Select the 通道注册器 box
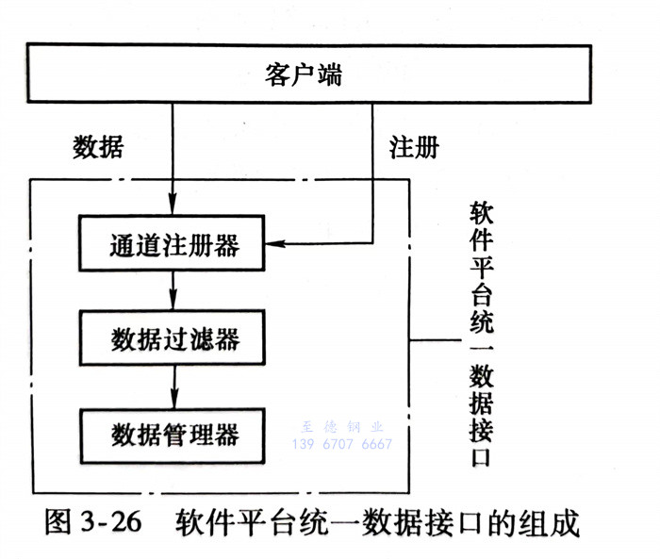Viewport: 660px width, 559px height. click(174, 247)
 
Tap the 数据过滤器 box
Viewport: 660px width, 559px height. click(174, 339)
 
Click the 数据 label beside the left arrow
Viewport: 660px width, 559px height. click(98, 147)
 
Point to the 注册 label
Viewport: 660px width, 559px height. click(413, 147)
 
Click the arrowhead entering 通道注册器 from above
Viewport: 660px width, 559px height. click(173, 208)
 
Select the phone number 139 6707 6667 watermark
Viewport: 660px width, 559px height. click(342, 443)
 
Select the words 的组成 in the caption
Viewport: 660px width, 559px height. click(552, 521)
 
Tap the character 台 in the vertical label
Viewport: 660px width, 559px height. click(481, 286)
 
